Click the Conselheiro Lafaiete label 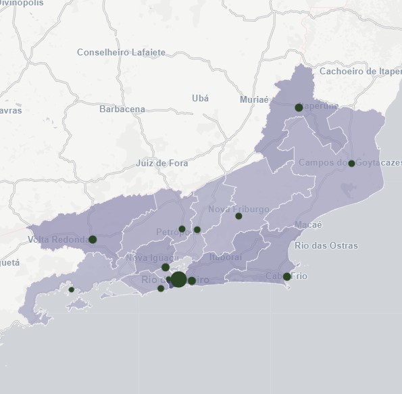[121, 52]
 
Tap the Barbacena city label [122, 109]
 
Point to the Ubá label [201, 98]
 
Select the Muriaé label [254, 99]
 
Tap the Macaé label [309, 224]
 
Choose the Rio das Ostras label [326, 245]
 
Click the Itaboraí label [226, 257]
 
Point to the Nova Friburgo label [238, 210]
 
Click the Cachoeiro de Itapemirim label [360, 71]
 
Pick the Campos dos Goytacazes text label [350, 163]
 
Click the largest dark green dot [178, 279]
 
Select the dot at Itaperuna [299, 107]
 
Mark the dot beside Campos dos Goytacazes [351, 163]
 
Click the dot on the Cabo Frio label [286, 276]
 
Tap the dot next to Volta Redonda [93, 239]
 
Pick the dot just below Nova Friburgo [238, 216]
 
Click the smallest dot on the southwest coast [72, 290]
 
